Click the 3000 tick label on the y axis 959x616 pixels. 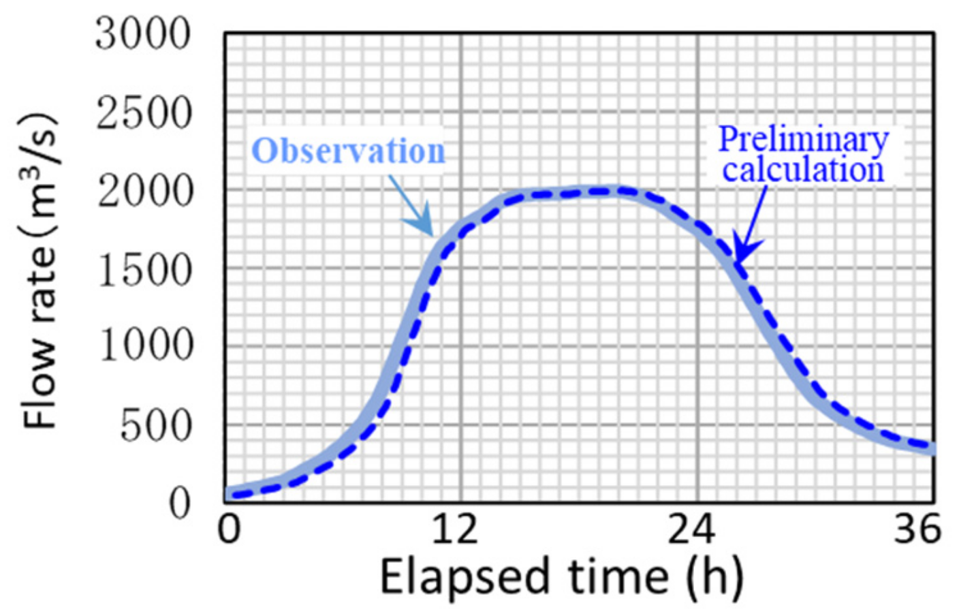click(143, 34)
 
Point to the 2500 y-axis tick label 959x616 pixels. click(144, 113)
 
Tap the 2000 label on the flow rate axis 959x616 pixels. click(144, 191)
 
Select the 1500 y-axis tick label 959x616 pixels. click(144, 270)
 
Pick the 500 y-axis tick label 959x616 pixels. click(156, 427)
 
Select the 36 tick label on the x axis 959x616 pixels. click(917, 529)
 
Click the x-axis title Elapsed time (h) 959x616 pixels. click(561, 576)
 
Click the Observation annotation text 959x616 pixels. click(348, 151)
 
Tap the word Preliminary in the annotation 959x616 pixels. click(804, 139)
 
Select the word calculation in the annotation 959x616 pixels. click(804, 169)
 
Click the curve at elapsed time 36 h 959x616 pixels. click(932, 448)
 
